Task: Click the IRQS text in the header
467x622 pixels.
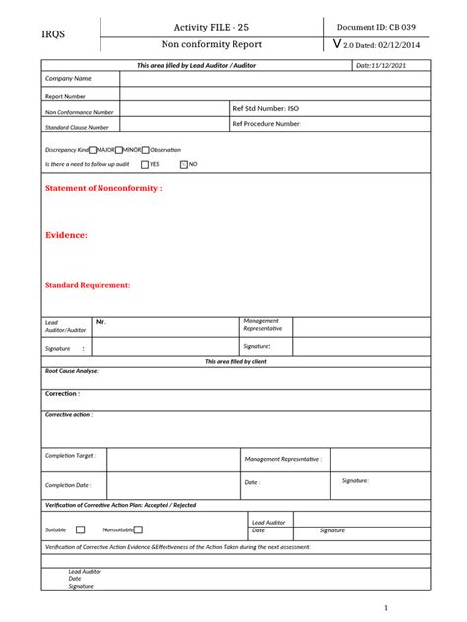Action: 54,35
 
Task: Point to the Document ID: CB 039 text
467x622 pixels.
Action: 381,27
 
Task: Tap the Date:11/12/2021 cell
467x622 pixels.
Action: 380,65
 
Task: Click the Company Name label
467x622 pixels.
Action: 68,78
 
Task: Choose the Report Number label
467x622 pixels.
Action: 65,96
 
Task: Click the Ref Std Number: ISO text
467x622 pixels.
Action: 265,108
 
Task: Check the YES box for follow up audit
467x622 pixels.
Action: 145,164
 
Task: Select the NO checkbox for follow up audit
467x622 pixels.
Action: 183,164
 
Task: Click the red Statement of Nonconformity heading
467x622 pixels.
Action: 103,187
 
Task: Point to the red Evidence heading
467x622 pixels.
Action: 66,235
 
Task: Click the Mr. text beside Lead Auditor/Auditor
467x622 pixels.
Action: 100,322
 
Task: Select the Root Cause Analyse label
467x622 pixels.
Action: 71,371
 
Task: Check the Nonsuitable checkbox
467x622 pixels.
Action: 139,529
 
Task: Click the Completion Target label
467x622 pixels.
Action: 70,456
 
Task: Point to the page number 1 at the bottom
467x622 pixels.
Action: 387,607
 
